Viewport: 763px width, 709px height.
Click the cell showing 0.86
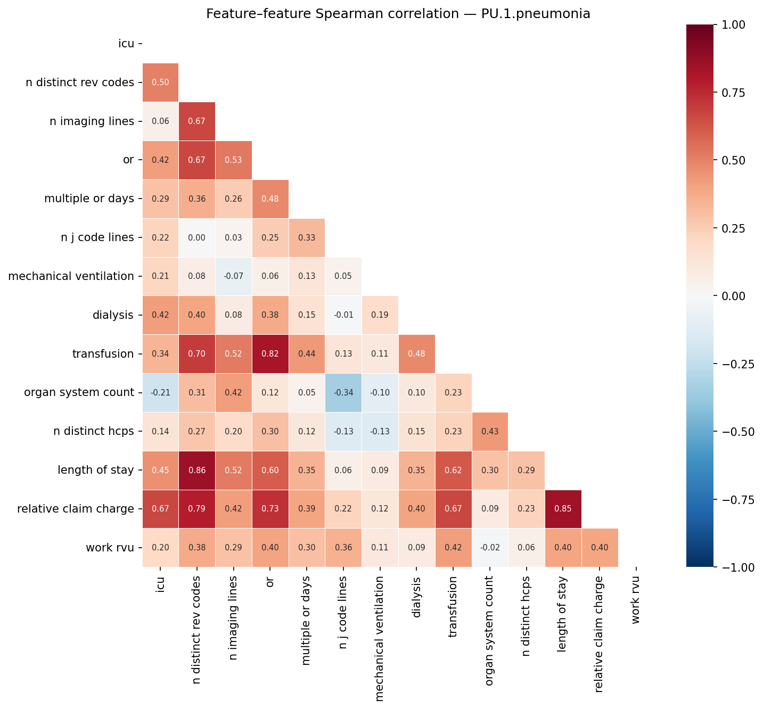pos(197,470)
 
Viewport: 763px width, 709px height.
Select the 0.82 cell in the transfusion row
pos(270,354)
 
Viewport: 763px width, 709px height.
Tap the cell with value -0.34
pos(343,393)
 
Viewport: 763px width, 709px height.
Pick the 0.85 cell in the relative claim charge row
pos(563,509)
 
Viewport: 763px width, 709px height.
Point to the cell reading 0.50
pos(160,83)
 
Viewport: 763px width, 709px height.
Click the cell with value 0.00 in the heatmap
pos(197,238)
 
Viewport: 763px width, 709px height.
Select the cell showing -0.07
pos(233,276)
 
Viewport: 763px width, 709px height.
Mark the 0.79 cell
pos(197,509)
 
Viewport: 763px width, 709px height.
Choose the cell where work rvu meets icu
pos(160,548)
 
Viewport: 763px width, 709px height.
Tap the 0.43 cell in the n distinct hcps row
pos(490,431)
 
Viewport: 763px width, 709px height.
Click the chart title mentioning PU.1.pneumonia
pos(398,14)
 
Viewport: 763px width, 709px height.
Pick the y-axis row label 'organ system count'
pos(79,393)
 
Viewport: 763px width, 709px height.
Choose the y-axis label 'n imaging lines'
pos(92,121)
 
